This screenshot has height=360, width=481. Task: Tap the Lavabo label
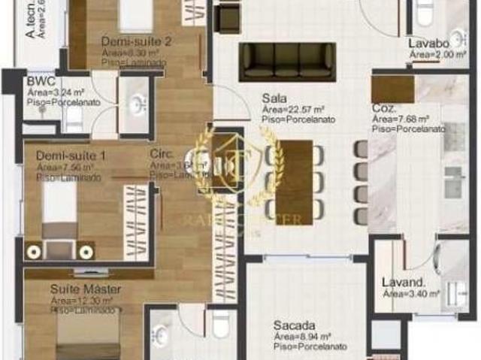click(428, 44)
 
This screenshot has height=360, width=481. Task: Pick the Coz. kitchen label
click(384, 107)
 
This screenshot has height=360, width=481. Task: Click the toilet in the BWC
click(74, 118)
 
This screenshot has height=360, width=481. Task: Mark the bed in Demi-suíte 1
click(59, 211)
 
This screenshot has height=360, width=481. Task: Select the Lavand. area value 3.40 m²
click(410, 294)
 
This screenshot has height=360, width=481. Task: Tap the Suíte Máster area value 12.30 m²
click(82, 300)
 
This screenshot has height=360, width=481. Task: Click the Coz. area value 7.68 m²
click(401, 119)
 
